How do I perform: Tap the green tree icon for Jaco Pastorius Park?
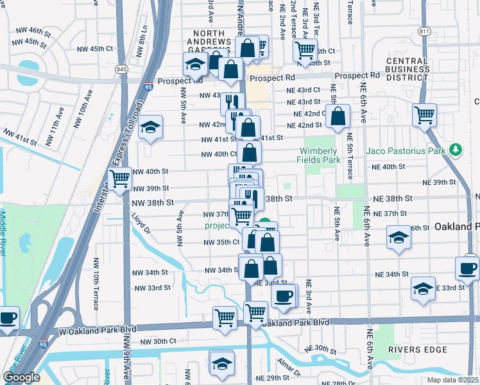click(x=456, y=150)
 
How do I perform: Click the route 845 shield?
click(x=121, y=69)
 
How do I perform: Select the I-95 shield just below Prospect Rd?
click(x=149, y=86)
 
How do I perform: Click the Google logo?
click(x=21, y=377)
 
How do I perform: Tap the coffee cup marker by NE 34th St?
click(x=467, y=268)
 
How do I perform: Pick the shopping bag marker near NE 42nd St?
click(x=338, y=116)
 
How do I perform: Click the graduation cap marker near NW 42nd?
click(x=151, y=127)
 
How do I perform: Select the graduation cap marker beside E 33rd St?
click(x=423, y=288)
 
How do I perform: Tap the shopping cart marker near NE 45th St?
click(x=305, y=49)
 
